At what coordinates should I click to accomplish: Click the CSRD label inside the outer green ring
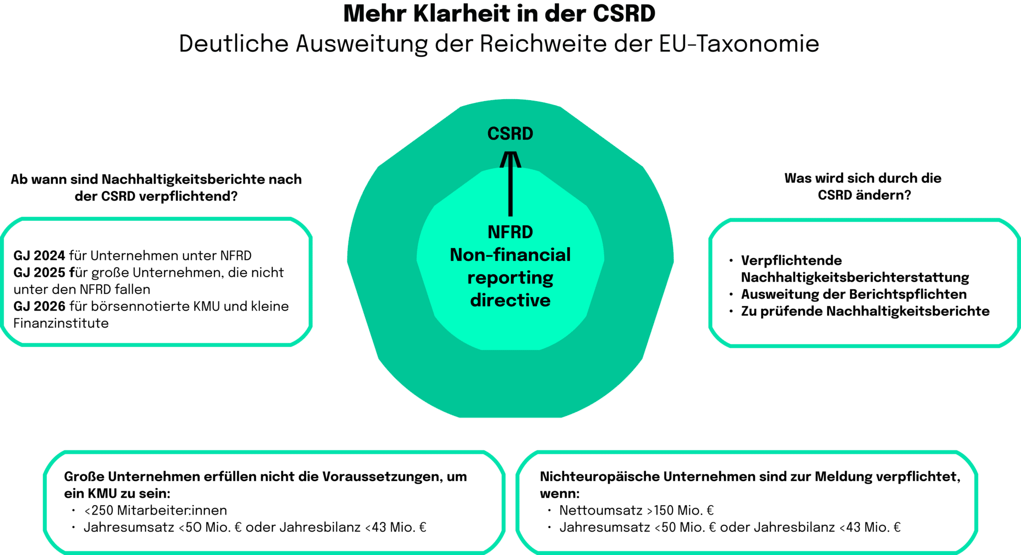point(510,134)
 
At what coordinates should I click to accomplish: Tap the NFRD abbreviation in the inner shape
point(510,232)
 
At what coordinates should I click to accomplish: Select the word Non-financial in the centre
point(510,255)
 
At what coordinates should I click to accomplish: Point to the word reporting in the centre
point(510,278)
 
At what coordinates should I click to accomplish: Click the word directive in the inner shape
point(510,301)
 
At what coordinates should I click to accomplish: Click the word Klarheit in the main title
point(461,15)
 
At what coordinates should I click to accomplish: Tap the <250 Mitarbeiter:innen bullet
point(155,511)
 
